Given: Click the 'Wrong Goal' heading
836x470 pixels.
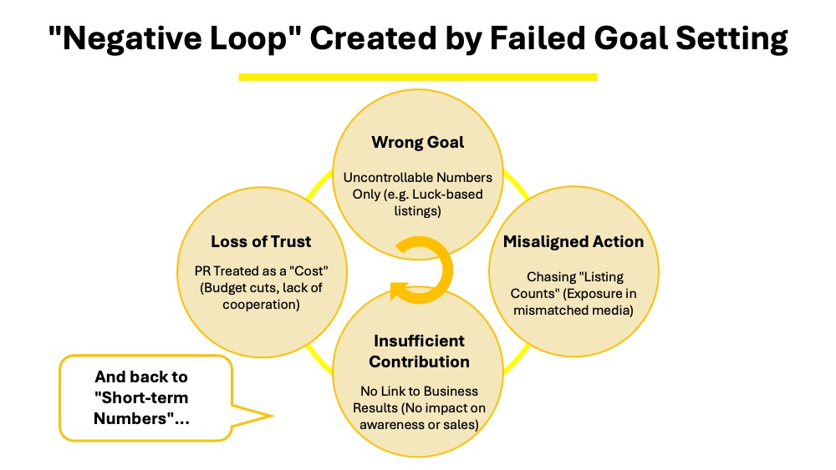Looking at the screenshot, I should point(418,142).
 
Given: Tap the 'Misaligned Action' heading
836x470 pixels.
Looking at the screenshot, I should point(573,241).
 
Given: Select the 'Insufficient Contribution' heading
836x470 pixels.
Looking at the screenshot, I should point(419,351).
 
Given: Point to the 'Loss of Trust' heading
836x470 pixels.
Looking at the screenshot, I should point(261,241).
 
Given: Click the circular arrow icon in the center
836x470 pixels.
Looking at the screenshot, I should point(422,270).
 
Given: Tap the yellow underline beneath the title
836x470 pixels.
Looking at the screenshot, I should point(418,77).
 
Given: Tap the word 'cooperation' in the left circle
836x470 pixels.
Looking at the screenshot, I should point(261,304).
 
